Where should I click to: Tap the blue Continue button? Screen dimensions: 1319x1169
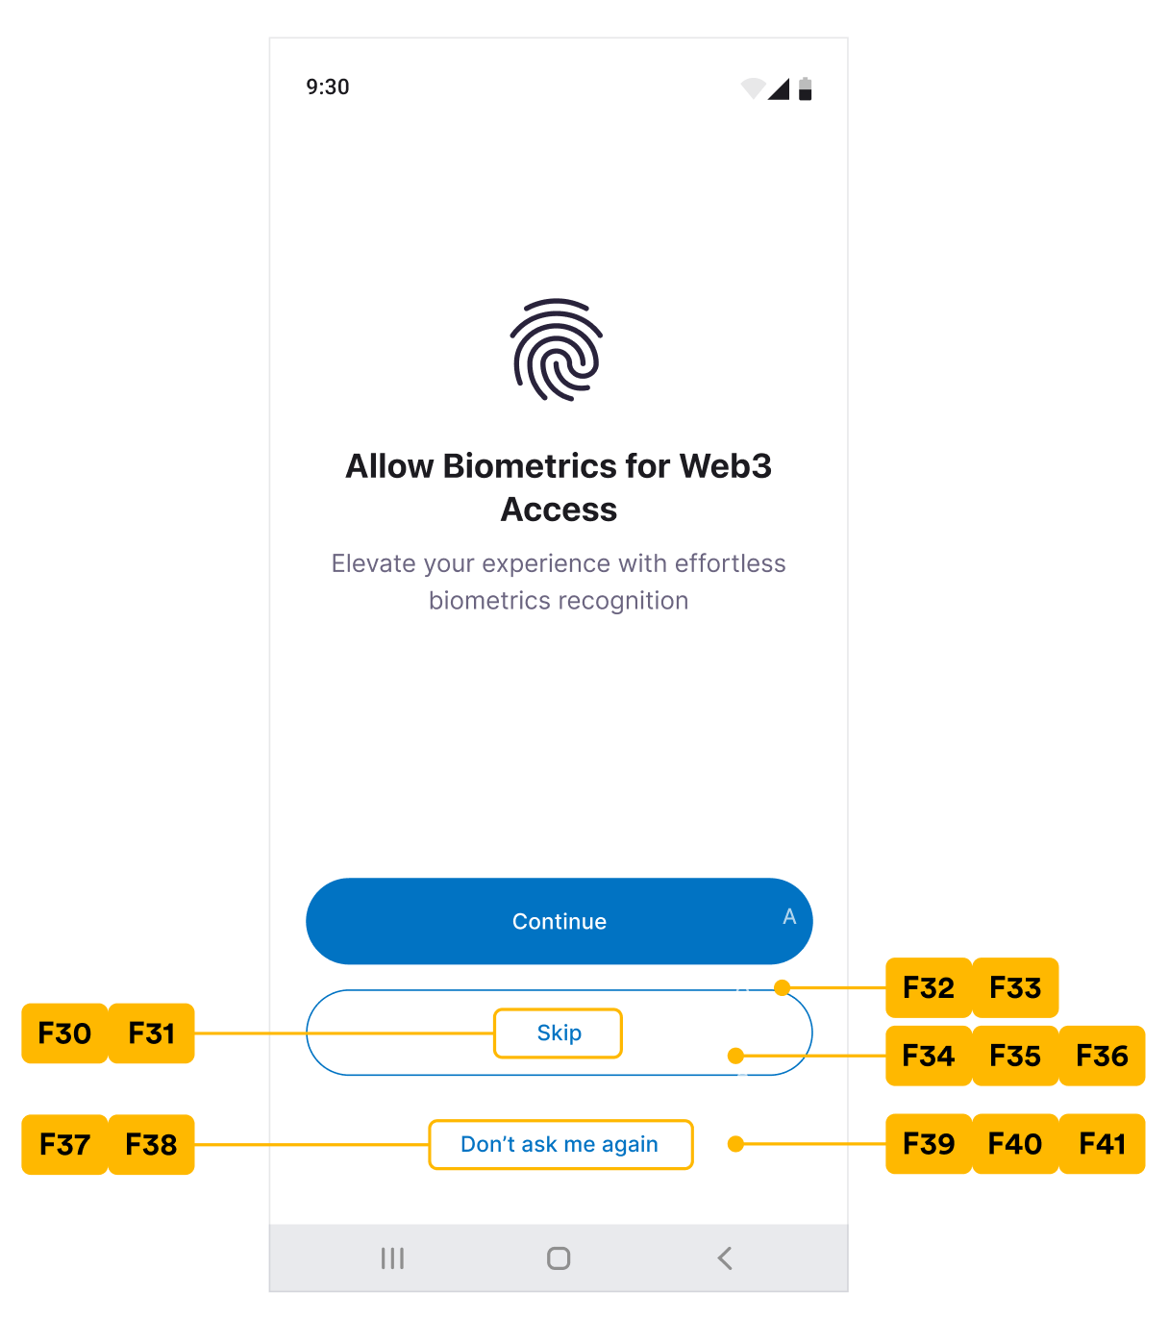(559, 921)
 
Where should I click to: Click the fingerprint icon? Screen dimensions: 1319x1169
(557, 350)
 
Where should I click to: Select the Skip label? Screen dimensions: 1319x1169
(559, 1033)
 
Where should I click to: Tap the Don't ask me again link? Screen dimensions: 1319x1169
(560, 1144)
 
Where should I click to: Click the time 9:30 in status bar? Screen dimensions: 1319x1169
(328, 87)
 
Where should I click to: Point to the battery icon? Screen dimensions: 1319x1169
(806, 89)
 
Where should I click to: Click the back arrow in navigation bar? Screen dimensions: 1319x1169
(725, 1257)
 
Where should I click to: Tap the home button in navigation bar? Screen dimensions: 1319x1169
(559, 1257)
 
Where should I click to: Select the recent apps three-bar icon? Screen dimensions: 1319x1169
(392, 1257)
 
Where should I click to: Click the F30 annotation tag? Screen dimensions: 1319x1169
(64, 1033)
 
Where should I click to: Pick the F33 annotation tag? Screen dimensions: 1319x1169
(1015, 987)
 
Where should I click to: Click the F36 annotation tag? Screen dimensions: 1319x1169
(1102, 1056)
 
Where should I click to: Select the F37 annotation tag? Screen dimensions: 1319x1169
(64, 1144)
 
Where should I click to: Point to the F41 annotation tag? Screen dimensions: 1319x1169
(1102, 1144)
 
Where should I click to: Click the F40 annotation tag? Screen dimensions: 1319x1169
(1015, 1144)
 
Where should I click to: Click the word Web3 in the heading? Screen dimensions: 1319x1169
(725, 466)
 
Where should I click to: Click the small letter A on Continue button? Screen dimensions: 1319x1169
(789, 916)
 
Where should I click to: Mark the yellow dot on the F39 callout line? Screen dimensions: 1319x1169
(735, 1144)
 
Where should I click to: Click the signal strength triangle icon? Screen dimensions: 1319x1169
(779, 89)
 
